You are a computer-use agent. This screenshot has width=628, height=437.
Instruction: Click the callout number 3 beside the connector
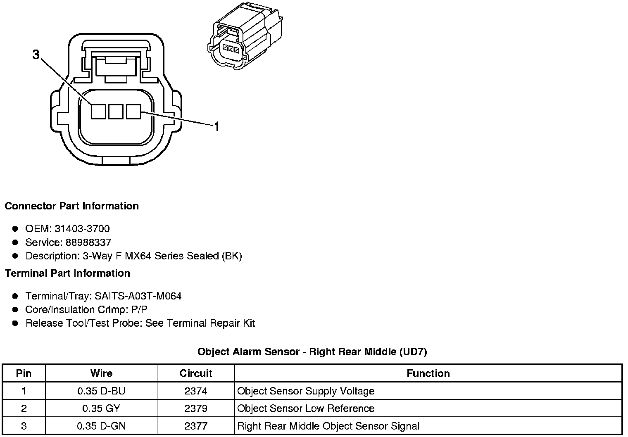[x=36, y=55]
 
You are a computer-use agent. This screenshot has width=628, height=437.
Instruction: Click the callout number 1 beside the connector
[x=216, y=126]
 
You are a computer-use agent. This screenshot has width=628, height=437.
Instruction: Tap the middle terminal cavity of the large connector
[x=116, y=112]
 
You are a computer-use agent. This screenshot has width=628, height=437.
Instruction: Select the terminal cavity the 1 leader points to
[x=133, y=112]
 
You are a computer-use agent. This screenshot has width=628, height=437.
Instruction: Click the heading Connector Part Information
[x=71, y=206]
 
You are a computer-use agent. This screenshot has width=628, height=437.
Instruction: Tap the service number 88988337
[x=88, y=242]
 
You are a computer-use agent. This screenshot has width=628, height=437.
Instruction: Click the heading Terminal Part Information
[x=67, y=273]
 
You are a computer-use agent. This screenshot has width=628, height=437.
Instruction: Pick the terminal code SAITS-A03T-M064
[x=138, y=296]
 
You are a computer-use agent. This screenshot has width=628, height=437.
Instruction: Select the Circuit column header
[x=196, y=373]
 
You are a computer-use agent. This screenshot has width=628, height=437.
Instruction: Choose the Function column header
[x=428, y=373]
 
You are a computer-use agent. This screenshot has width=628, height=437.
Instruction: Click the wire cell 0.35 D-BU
[x=101, y=391]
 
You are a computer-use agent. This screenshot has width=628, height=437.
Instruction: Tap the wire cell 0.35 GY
[x=101, y=408]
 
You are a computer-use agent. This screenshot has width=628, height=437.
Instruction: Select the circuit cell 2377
[x=196, y=426]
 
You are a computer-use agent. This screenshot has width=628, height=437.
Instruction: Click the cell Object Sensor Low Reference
[x=306, y=408]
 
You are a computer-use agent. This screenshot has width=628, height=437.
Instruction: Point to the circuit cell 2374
[x=196, y=391]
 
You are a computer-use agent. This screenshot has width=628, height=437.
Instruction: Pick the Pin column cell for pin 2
[x=24, y=408]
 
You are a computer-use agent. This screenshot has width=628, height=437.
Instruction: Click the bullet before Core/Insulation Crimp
[x=15, y=309]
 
